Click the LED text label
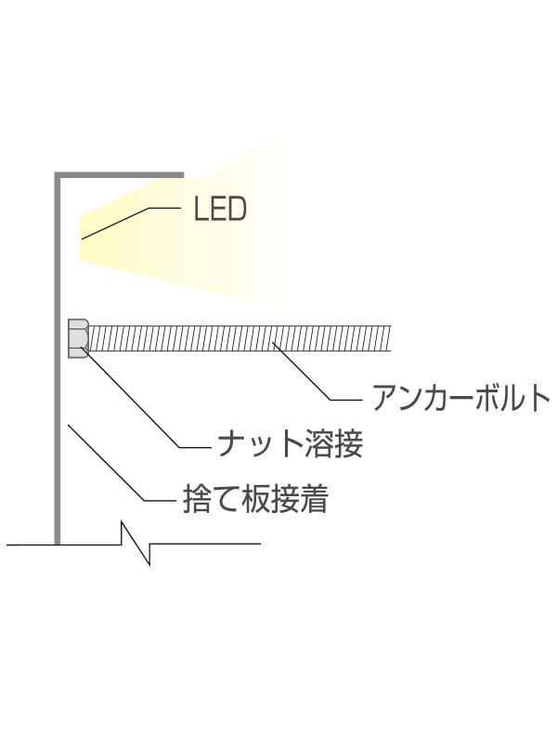[220, 210]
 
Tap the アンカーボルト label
[460, 398]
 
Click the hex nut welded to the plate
[78, 339]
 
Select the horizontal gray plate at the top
[121, 173]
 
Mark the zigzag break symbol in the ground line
[136, 544]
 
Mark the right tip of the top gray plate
[182, 173]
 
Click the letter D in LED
[237, 210]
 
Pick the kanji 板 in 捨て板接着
[238, 501]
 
